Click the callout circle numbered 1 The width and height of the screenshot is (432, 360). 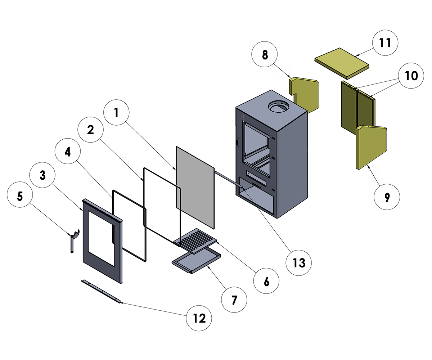pyautogui.click(x=116, y=112)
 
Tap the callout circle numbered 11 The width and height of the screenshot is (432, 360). pyautogui.click(x=386, y=42)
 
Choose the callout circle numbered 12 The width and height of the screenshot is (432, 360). pyautogui.click(x=199, y=318)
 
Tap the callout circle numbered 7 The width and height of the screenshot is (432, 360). pyautogui.click(x=234, y=299)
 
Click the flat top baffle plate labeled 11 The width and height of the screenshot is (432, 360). pyautogui.click(x=342, y=63)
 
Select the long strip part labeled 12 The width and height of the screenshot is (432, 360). pyautogui.click(x=100, y=292)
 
